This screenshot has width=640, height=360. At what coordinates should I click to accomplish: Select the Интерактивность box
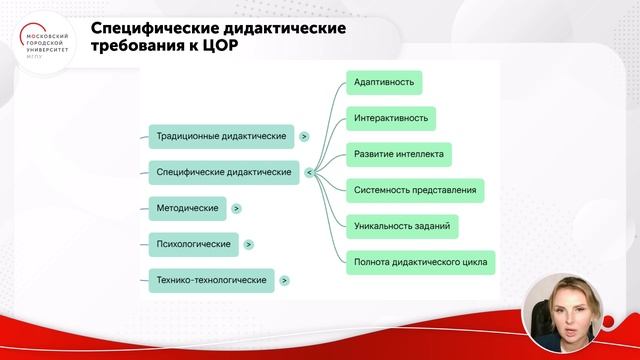pyautogui.click(x=391, y=118)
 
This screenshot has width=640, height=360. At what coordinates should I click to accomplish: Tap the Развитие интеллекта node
pyautogui.click(x=398, y=154)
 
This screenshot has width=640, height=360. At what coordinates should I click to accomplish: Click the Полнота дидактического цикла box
pyautogui.click(x=421, y=263)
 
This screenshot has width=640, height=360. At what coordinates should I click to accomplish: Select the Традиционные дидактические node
pyautogui.click(x=220, y=135)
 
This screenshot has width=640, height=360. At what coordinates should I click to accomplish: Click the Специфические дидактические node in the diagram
pyautogui.click(x=224, y=172)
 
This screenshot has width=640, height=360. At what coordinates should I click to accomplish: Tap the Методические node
pyautogui.click(x=186, y=208)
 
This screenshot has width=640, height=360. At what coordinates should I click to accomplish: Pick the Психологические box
pyautogui.click(x=193, y=244)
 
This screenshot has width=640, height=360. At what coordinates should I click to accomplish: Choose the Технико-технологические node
pyautogui.click(x=211, y=281)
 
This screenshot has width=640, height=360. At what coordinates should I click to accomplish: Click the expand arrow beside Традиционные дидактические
pyautogui.click(x=303, y=136)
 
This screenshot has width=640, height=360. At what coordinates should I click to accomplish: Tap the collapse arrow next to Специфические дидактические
pyautogui.click(x=308, y=172)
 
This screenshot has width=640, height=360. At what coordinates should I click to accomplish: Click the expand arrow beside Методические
pyautogui.click(x=236, y=209)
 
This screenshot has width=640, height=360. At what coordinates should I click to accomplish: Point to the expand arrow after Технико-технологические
pyautogui.click(x=285, y=281)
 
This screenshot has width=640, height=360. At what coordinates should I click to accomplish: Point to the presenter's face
pyautogui.click(x=576, y=306)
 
